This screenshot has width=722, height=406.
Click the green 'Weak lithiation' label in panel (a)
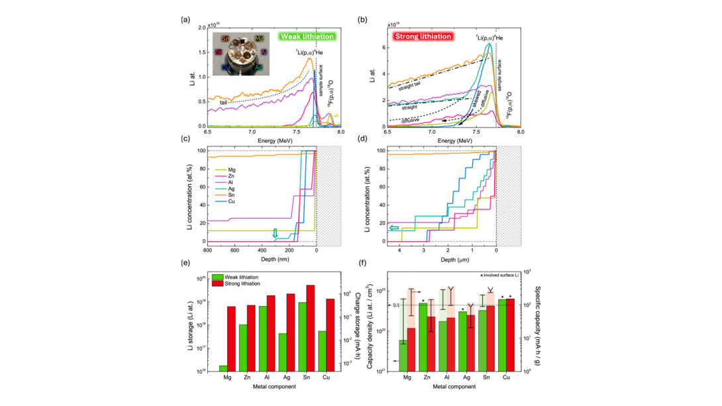click(x=306, y=36)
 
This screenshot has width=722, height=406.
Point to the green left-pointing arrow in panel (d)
click(x=393, y=228)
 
